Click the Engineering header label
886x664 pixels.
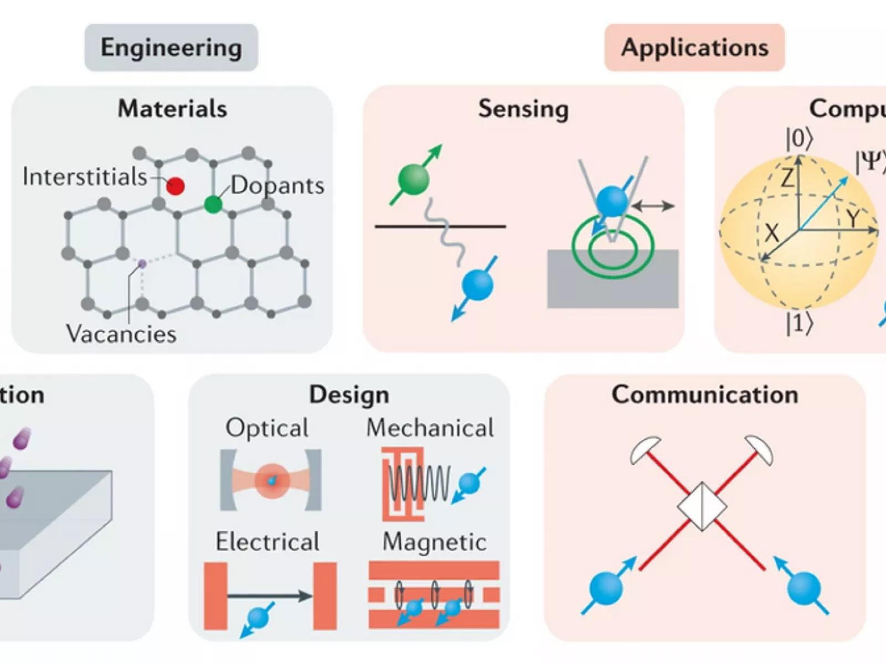(171, 48)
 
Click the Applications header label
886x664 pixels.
(694, 48)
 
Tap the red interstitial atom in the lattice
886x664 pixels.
(176, 186)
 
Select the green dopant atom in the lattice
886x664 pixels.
(213, 204)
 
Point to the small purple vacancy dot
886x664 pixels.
(142, 264)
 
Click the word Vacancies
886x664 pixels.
(121, 334)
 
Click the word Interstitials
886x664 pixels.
(85, 177)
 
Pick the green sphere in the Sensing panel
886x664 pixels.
(414, 179)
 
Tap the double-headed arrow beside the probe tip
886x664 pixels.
(653, 206)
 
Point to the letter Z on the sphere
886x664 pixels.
(786, 179)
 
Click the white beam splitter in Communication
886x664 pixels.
(702, 506)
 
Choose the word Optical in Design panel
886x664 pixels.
(267, 428)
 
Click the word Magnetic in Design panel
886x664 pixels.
(434, 542)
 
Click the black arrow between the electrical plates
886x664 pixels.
(270, 596)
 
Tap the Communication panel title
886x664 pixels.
(704, 395)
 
